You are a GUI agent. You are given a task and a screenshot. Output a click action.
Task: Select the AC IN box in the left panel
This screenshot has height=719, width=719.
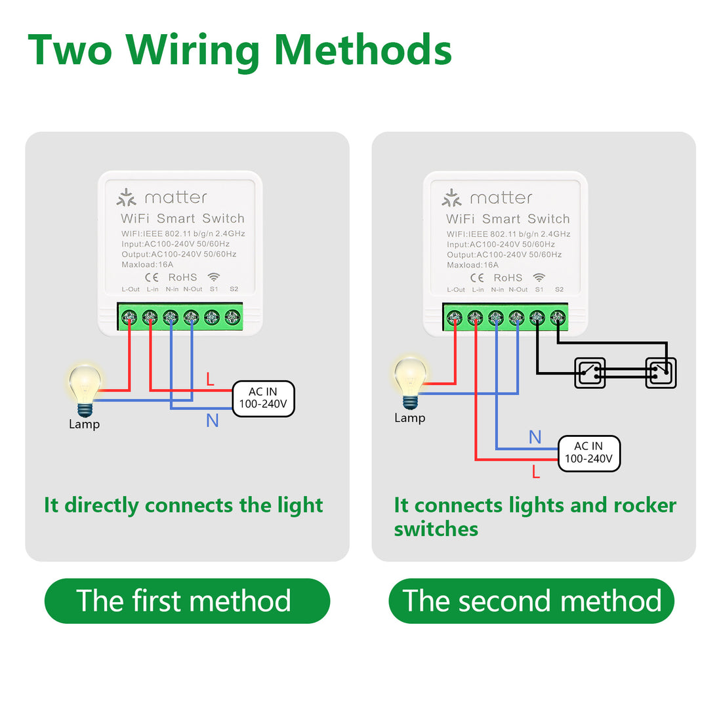coord(263,398)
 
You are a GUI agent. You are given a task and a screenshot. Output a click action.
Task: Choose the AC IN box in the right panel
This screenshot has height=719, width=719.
coord(588,453)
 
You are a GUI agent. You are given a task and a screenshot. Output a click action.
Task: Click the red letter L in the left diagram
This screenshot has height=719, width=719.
coord(210,379)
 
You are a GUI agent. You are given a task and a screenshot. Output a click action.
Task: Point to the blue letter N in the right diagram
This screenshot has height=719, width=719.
coord(535,437)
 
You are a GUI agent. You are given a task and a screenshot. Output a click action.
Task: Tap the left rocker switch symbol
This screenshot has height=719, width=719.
coord(589,373)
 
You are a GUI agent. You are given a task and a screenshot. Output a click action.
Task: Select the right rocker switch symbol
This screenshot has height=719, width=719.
coord(660,373)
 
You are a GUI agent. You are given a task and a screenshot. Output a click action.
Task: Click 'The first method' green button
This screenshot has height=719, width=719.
coord(187,601)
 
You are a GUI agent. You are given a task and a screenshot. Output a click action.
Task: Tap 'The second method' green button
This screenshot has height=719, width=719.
coord(531,601)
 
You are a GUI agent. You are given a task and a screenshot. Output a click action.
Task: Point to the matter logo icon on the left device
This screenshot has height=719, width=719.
coord(126,197)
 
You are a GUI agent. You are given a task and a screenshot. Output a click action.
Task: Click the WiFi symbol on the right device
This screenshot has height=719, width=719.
coord(539,277)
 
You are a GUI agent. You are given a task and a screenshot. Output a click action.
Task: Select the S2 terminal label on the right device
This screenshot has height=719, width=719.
coord(559,289)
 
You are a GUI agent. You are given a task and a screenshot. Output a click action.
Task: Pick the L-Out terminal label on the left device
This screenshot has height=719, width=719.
coord(131,289)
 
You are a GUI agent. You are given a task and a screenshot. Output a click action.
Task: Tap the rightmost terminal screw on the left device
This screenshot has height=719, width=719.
coord(232,318)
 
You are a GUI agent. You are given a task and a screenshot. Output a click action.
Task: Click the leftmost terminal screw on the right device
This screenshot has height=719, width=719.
coord(455,318)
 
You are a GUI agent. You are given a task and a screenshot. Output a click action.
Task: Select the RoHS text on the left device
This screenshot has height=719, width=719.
coord(182,277)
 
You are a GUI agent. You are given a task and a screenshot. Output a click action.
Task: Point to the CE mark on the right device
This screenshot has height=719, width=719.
coord(477,277)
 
